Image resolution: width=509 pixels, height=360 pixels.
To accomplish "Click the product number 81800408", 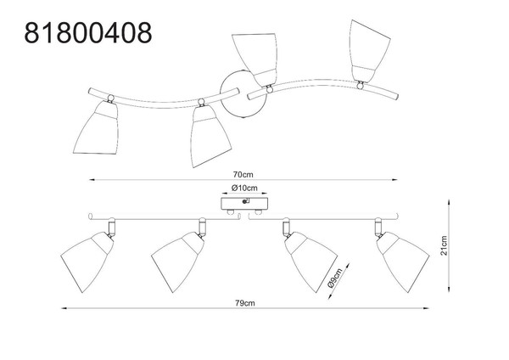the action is click(x=88, y=33).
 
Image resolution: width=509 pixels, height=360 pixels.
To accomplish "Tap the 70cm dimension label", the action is click(x=243, y=174).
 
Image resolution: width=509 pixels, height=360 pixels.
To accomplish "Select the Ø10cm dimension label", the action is click(x=244, y=188).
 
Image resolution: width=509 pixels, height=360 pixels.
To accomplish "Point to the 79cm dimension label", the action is click(x=245, y=303).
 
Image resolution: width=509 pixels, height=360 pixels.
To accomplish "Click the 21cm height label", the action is click(x=444, y=245).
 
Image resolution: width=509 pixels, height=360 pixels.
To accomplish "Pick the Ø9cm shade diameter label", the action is click(x=335, y=278).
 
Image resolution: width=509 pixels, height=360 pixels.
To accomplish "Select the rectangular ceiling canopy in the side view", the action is click(x=244, y=204).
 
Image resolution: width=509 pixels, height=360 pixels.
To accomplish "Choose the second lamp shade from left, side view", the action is click(x=177, y=261).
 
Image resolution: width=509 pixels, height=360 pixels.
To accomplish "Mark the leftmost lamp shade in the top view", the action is click(x=97, y=127).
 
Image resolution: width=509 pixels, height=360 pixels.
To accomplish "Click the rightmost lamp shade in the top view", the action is click(x=369, y=51).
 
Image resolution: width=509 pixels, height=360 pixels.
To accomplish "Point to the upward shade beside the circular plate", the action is click(x=256, y=59).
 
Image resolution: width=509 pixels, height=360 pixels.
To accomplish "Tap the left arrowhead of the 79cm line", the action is click(x=64, y=308).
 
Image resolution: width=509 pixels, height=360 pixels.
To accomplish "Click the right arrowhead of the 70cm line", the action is click(x=394, y=179).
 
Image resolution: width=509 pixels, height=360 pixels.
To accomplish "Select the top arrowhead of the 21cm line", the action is click(x=449, y=202).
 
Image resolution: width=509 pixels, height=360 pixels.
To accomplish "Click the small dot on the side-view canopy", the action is click(x=244, y=202).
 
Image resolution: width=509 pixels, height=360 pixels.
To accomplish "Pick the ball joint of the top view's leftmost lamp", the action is click(x=110, y=98).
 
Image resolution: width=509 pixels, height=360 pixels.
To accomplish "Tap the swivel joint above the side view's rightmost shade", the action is click(x=378, y=227).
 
